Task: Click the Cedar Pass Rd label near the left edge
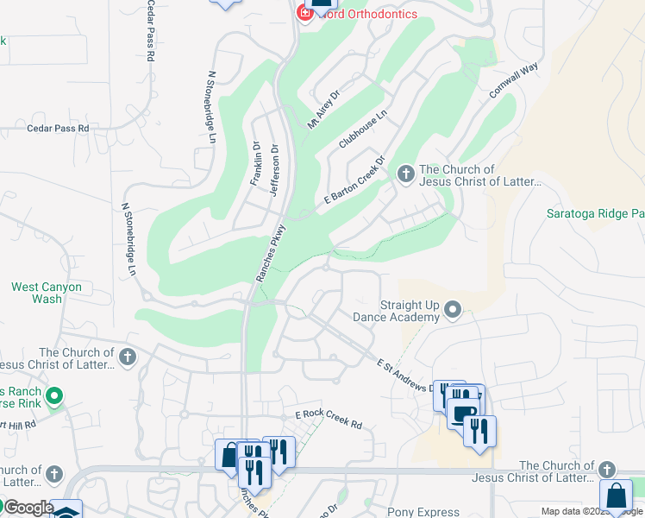[x=58, y=128]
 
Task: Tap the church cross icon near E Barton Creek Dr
[x=405, y=175]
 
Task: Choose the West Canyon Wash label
[x=47, y=293]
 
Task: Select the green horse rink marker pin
[x=54, y=397]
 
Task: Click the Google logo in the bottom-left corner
[x=28, y=508]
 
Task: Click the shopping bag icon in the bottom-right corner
[x=616, y=497]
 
